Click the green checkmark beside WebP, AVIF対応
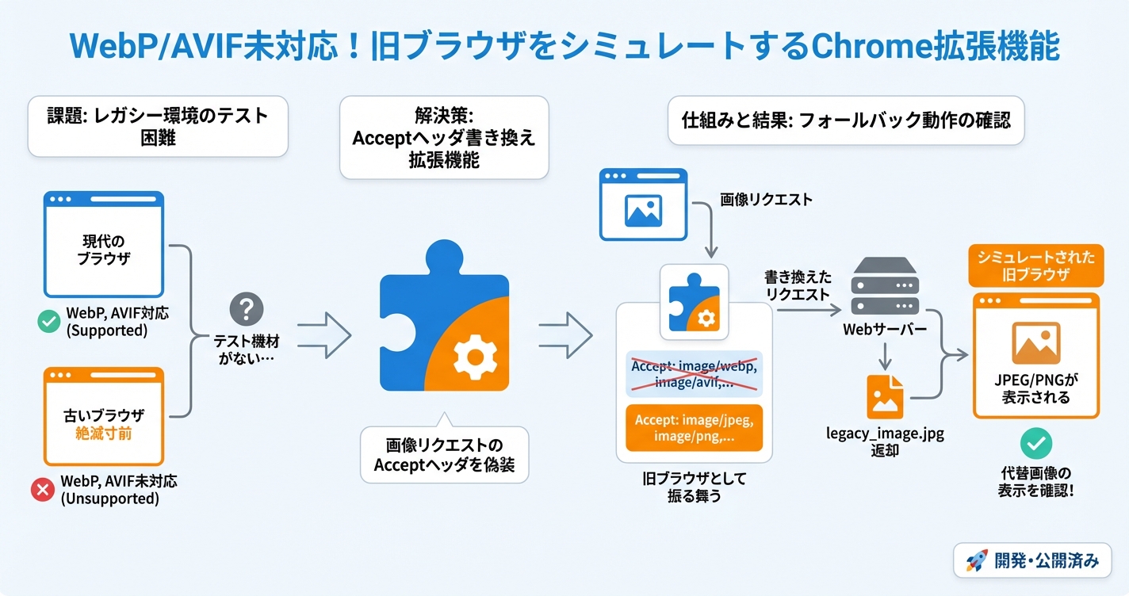pyautogui.click(x=49, y=321)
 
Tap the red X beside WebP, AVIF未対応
pyautogui.click(x=42, y=490)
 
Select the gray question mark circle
pyautogui.click(x=246, y=308)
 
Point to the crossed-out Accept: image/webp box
pyautogui.click(x=694, y=373)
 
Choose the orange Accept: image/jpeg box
pyautogui.click(x=694, y=428)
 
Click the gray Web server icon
pyautogui.click(x=884, y=287)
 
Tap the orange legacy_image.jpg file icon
pyautogui.click(x=885, y=396)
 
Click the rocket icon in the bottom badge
pyautogui.click(x=976, y=561)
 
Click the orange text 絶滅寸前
pyautogui.click(x=104, y=434)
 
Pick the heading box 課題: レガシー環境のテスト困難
pyautogui.click(x=158, y=127)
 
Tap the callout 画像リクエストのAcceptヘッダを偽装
pyautogui.click(x=444, y=455)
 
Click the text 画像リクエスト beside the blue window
pyautogui.click(x=766, y=200)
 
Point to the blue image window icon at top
pyautogui.click(x=643, y=204)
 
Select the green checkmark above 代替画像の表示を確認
pyautogui.click(x=1035, y=445)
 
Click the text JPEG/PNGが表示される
pyautogui.click(x=1035, y=388)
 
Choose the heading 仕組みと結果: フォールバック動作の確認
pyautogui.click(x=846, y=121)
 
